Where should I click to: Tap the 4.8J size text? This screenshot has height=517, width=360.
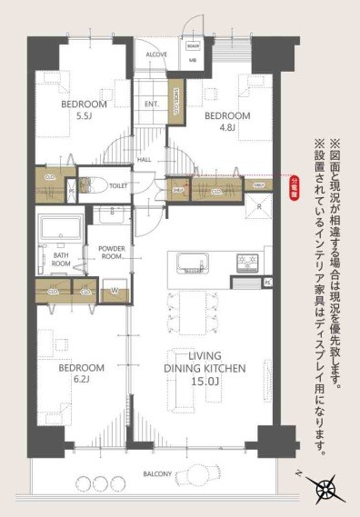(x=226, y=128)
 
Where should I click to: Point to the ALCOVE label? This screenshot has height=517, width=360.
(x=156, y=54)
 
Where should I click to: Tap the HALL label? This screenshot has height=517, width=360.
(x=145, y=159)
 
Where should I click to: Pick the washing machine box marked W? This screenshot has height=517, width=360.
(x=114, y=291)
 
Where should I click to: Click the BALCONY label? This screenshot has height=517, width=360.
(x=155, y=472)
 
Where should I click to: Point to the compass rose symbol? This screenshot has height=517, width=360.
(x=325, y=487)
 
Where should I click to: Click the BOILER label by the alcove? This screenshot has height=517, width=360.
(x=193, y=45)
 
